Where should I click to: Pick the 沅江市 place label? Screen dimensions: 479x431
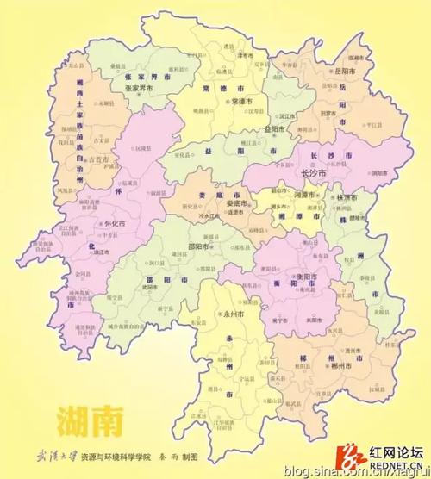[263, 115]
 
